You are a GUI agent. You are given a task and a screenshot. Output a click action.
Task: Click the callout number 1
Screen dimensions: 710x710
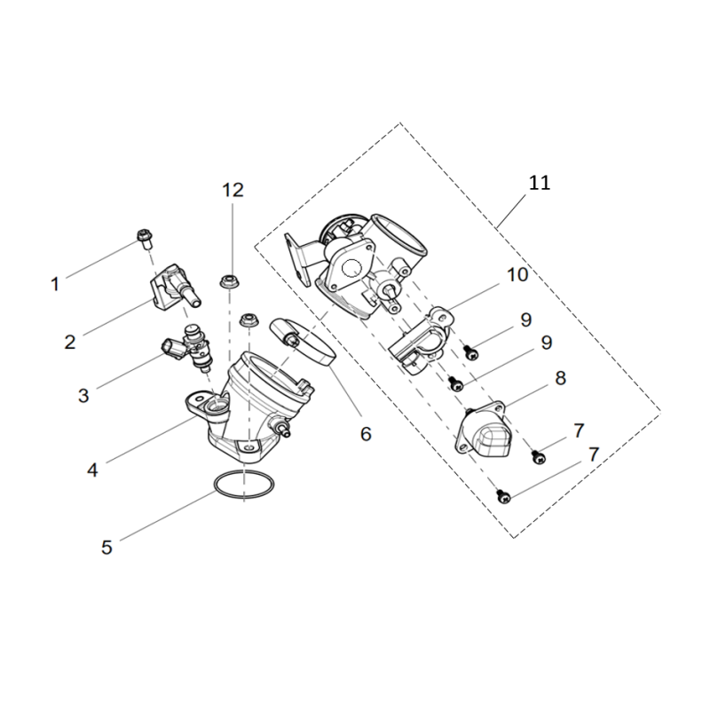pyautogui.click(x=55, y=284)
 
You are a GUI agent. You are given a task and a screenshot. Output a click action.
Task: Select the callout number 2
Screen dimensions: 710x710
pyautogui.click(x=70, y=342)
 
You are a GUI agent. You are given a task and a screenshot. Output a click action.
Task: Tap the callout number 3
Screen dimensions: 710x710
pyautogui.click(x=83, y=395)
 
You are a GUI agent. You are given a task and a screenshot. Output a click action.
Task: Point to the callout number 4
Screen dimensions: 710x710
pyautogui.click(x=92, y=470)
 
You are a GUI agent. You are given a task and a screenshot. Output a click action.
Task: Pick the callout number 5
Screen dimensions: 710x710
pyautogui.click(x=106, y=548)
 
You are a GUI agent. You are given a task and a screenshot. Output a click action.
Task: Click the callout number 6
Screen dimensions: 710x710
pyautogui.click(x=366, y=434)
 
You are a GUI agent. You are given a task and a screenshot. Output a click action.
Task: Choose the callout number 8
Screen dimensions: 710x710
pyautogui.click(x=561, y=378)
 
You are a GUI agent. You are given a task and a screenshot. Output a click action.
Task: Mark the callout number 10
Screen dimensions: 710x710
pyautogui.click(x=517, y=274)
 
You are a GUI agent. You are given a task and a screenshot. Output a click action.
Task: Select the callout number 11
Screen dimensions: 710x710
pyautogui.click(x=540, y=183)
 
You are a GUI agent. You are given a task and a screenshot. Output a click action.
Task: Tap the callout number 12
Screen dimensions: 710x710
pyautogui.click(x=233, y=190)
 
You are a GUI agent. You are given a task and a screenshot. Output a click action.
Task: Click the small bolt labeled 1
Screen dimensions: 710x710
pyautogui.click(x=145, y=240)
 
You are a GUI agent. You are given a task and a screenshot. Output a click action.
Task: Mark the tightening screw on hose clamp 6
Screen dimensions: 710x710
pyautogui.click(x=288, y=340)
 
